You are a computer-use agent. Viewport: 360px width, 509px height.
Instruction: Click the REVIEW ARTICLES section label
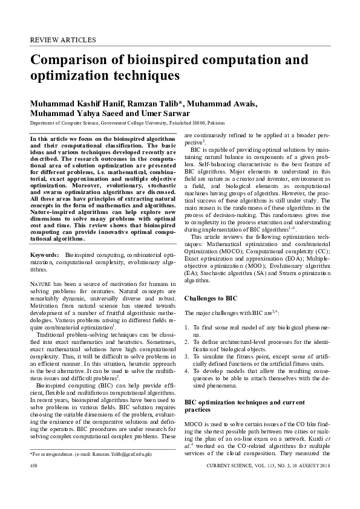(63, 40)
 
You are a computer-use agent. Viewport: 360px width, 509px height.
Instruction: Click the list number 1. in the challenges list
(186, 327)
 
